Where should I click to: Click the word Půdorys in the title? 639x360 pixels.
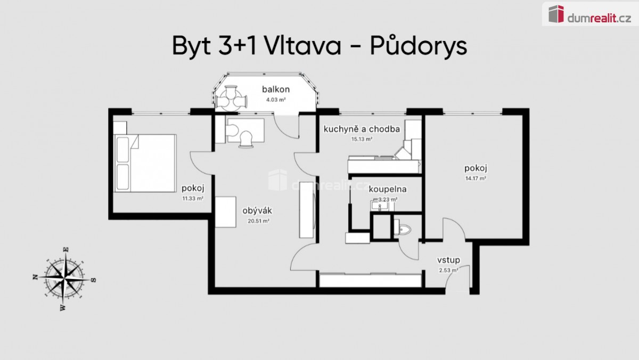[x=418, y=46]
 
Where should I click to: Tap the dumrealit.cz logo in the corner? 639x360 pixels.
[x=589, y=14]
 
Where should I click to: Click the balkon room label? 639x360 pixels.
[x=276, y=89]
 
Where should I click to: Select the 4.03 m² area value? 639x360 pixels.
[x=276, y=100]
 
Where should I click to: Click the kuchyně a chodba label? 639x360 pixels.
[x=362, y=129]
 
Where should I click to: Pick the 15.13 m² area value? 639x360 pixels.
[x=362, y=139]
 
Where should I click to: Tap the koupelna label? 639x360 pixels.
[x=388, y=189]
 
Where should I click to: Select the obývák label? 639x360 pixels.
[x=257, y=211]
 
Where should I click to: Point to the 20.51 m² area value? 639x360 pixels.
[x=258, y=221]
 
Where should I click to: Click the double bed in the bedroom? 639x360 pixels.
[x=145, y=163]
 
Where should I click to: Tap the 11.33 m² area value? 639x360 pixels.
[x=193, y=198]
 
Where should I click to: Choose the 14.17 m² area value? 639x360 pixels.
[x=476, y=178]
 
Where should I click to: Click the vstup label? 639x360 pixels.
[x=448, y=260]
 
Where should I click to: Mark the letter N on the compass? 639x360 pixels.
[x=36, y=277]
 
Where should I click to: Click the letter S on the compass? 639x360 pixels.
[x=93, y=280]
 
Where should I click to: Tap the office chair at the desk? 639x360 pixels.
[x=246, y=140]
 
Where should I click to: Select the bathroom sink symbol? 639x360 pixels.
[x=379, y=206]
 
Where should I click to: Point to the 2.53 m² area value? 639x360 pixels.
[x=448, y=270]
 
